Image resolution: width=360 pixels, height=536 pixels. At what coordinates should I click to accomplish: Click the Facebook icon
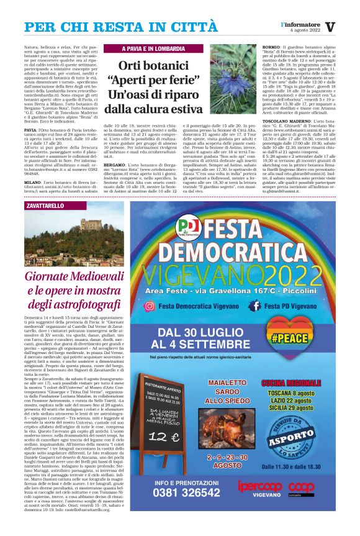pyautogui.click(x=253, y=306)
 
